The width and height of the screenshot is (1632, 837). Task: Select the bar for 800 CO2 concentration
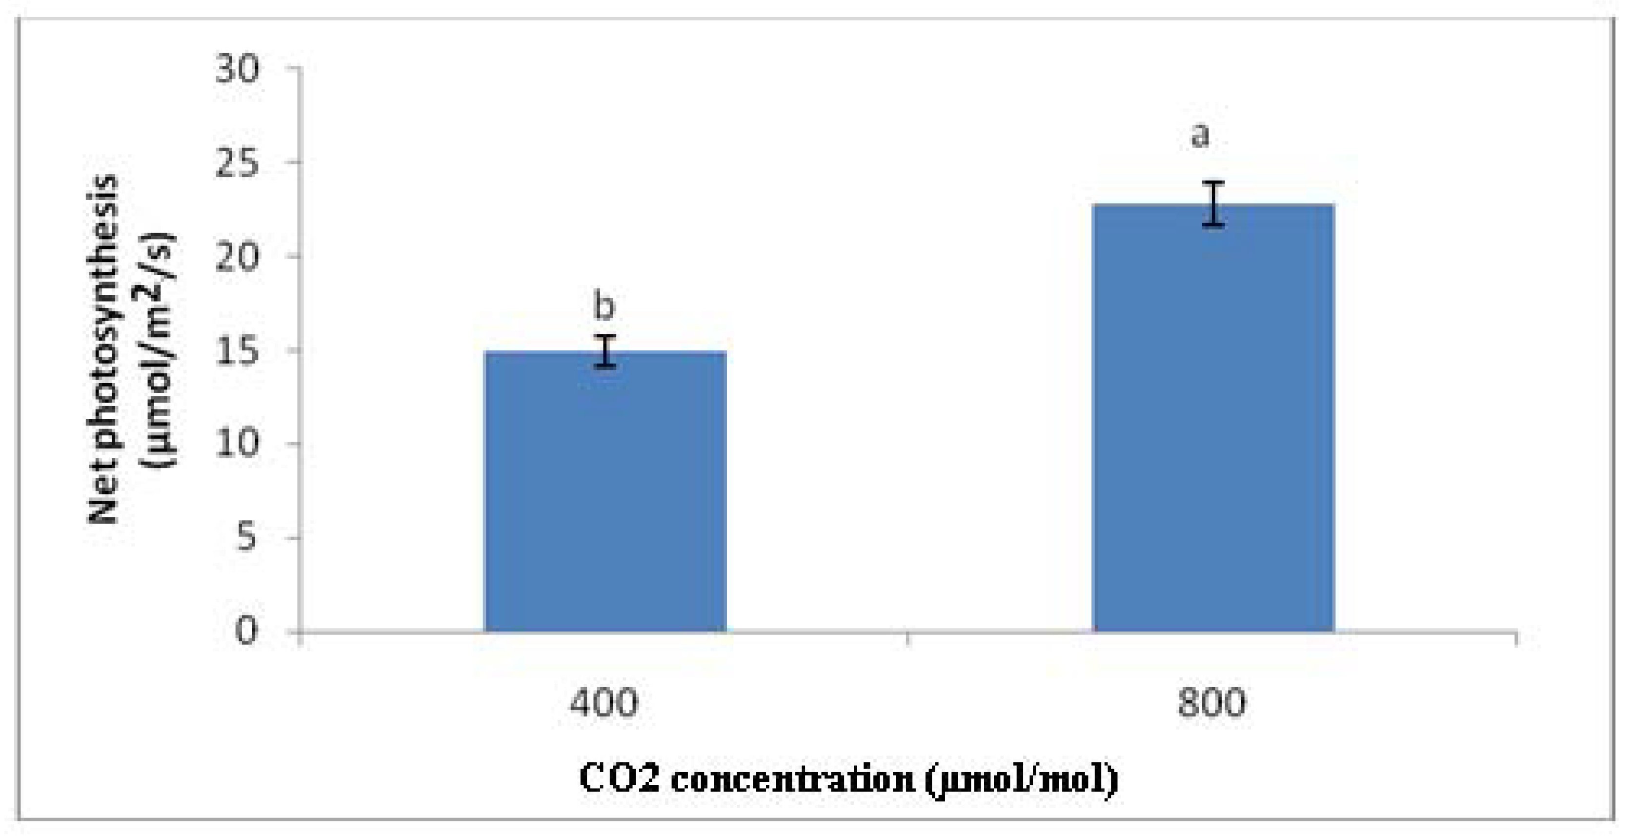1213,418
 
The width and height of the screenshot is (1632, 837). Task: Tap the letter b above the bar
604,306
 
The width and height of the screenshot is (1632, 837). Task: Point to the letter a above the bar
1199,136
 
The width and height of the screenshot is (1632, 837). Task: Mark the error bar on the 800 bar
1213,204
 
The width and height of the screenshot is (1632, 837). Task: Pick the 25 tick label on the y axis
237,163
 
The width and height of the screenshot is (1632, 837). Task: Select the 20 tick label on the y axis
237,257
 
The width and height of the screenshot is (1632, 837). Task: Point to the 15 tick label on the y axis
237,350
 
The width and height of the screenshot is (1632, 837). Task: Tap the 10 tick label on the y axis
237,444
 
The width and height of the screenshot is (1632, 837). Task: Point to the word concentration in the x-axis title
792,780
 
